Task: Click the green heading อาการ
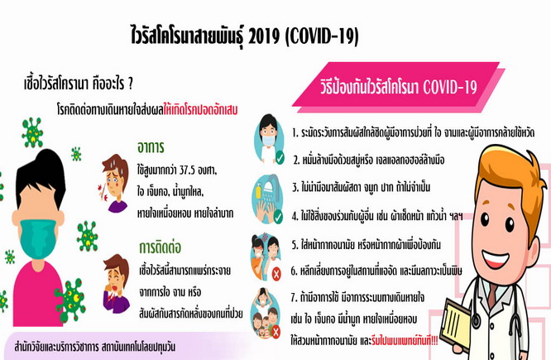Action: pos(151,147)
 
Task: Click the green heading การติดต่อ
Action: pos(161,247)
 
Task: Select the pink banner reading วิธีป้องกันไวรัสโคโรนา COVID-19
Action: pos(398,87)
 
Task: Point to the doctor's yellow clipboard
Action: pos(456,324)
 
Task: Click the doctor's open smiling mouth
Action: pos(496,259)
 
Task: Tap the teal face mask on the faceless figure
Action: pos(38,238)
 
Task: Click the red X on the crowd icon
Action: pos(275,332)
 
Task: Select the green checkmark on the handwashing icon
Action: pos(278,217)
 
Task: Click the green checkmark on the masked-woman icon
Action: pos(280,158)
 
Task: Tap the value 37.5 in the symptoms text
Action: pos(187,170)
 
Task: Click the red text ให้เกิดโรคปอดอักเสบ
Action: pos(200,110)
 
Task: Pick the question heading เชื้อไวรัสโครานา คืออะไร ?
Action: pos(79,84)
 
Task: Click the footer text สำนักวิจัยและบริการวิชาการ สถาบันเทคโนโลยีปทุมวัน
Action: pos(95,347)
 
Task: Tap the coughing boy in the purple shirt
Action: pos(116,284)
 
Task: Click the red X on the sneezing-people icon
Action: pos(276,273)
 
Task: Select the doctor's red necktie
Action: pos(492,295)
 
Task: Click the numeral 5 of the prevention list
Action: pos(295,245)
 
